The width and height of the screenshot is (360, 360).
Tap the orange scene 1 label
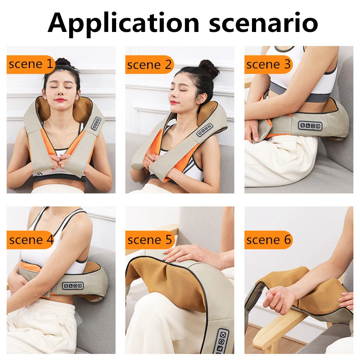pyautogui.click(x=31, y=65)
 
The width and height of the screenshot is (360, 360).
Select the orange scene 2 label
pyautogui.click(x=149, y=65)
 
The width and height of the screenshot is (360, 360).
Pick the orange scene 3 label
pyautogui.click(x=268, y=65)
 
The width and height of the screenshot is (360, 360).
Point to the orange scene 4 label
pyautogui.click(x=31, y=240)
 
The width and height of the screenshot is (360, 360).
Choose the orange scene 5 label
pyautogui.click(x=149, y=240)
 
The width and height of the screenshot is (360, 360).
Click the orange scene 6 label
pyautogui.click(x=268, y=240)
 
